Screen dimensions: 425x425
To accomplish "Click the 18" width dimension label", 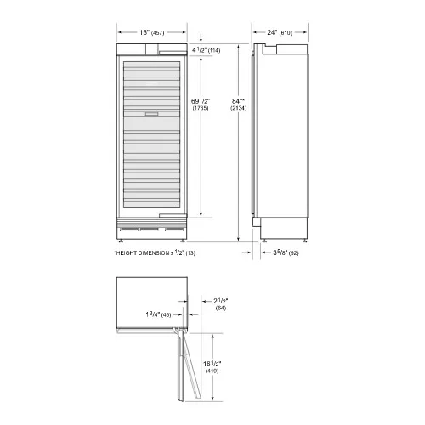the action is coord(151,32).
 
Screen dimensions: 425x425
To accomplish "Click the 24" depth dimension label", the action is coord(280,32).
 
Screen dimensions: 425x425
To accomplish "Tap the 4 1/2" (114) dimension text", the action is coord(206,50).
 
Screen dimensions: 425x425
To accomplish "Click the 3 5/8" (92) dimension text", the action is coord(286,252).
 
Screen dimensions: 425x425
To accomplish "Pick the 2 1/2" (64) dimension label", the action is coord(221,304).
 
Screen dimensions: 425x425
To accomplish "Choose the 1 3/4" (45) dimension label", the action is coord(158,314).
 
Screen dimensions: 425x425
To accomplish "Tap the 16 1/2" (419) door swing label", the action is coord(212,367).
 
